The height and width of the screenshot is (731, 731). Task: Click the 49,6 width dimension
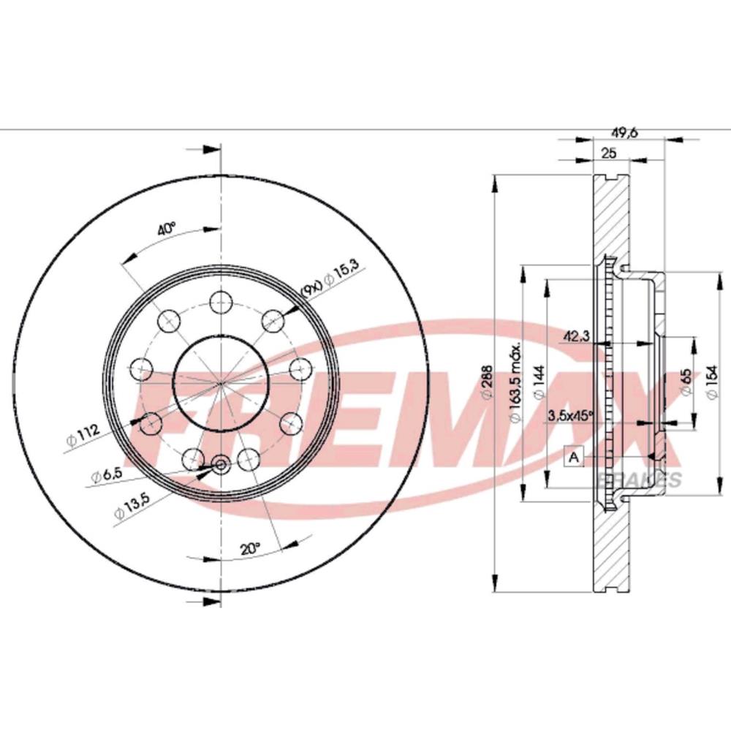pyautogui.click(x=624, y=133)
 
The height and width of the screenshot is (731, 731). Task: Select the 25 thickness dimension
pyautogui.click(x=610, y=153)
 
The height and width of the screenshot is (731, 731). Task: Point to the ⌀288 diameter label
pyautogui.click(x=486, y=382)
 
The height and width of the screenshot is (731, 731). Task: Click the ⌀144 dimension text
pyautogui.click(x=539, y=382)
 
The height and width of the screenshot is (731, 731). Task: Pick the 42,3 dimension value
pyautogui.click(x=577, y=336)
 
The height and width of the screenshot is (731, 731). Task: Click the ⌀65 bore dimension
pyautogui.click(x=686, y=382)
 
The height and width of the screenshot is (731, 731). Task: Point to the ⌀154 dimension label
pyautogui.click(x=711, y=382)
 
